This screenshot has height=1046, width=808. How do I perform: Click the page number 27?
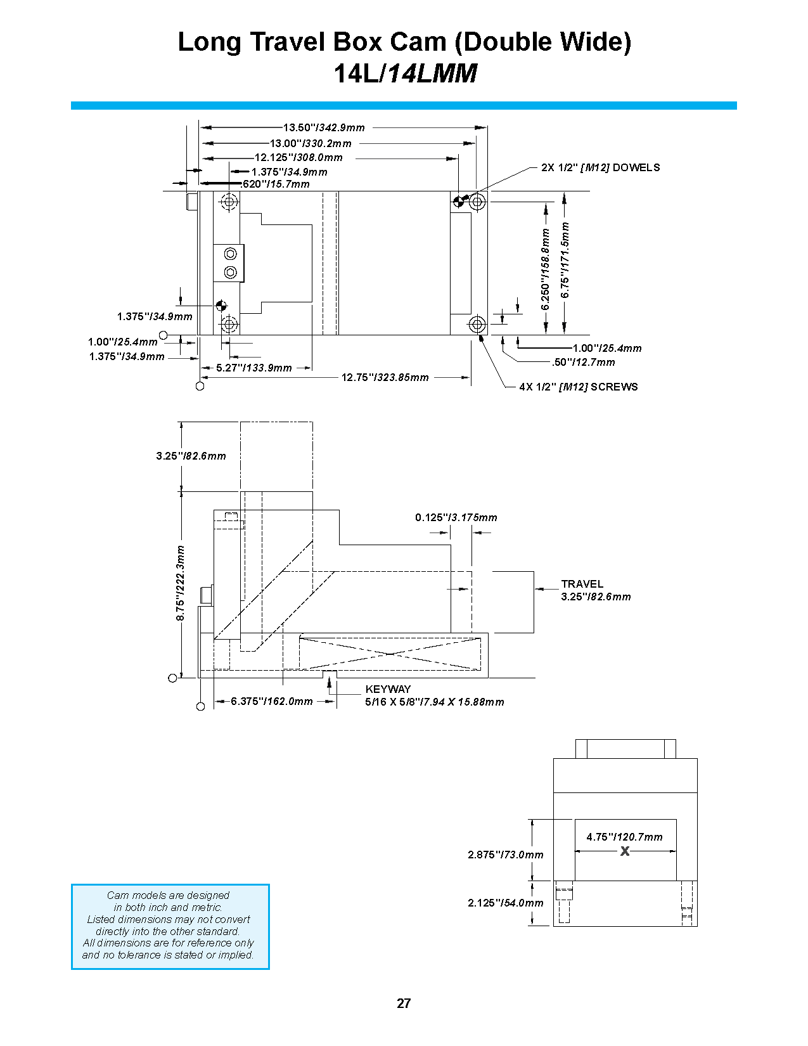point(404,1003)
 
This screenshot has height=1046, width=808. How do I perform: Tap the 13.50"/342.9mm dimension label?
point(324,127)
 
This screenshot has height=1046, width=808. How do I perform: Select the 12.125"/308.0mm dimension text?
point(298,157)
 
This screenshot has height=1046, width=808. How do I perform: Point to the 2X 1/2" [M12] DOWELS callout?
point(600,167)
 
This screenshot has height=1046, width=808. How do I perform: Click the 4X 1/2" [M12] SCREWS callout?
point(578,387)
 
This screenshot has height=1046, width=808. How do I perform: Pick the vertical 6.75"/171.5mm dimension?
point(565,260)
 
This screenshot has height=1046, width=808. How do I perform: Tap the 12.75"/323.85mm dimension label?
point(385,377)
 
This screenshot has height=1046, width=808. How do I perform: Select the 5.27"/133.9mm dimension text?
point(253,368)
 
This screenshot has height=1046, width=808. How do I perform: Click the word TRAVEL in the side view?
point(582,584)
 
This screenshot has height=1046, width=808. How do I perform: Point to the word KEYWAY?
point(388,689)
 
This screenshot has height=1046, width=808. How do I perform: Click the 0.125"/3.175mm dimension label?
point(456,517)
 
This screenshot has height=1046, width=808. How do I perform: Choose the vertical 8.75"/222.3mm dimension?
point(181,583)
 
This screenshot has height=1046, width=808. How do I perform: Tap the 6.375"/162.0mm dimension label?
point(271,701)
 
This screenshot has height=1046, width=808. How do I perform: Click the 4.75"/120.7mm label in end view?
point(624,837)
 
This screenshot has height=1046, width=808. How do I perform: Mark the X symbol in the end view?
point(625,851)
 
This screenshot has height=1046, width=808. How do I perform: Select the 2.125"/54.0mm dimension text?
point(505,903)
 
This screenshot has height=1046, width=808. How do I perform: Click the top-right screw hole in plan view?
point(477,202)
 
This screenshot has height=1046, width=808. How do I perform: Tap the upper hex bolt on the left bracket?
point(231,254)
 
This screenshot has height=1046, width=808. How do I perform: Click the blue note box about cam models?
point(170,926)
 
